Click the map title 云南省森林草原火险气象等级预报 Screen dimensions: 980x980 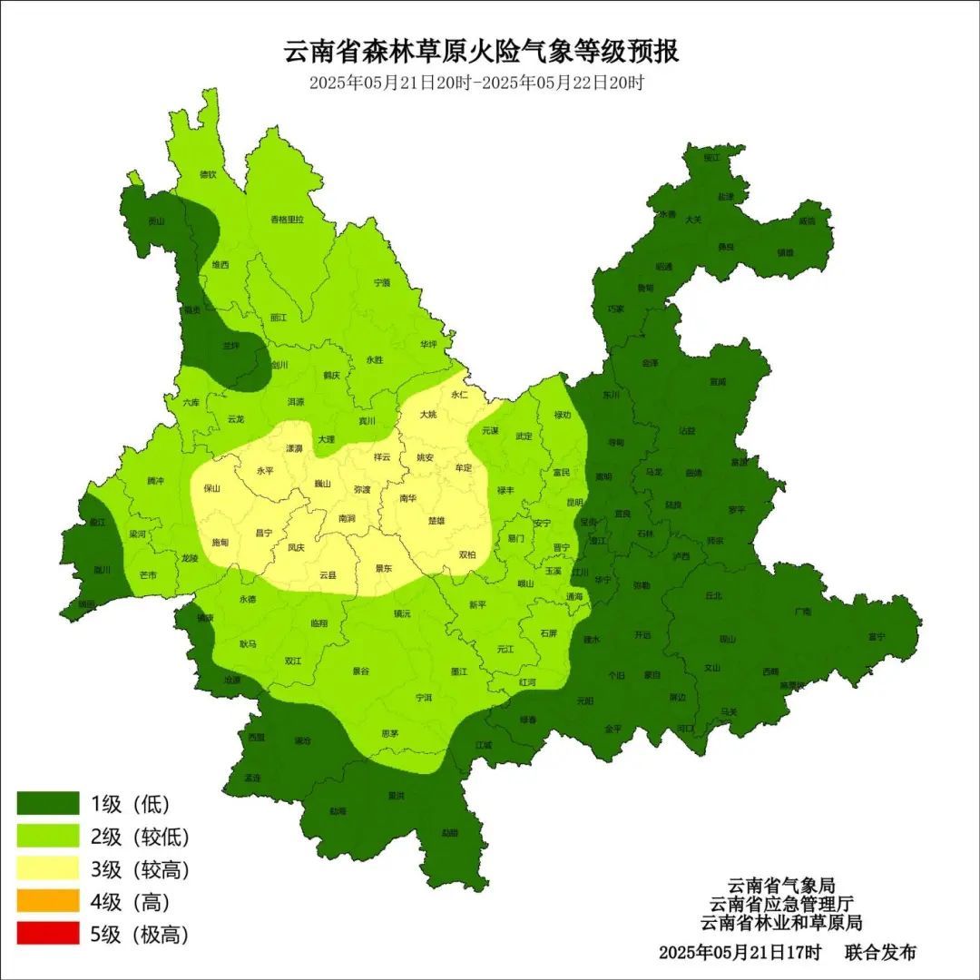482,51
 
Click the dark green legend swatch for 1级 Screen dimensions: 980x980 48,803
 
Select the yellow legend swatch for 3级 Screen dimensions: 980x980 48,868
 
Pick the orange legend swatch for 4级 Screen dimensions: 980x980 48,901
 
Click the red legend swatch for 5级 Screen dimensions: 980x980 48,934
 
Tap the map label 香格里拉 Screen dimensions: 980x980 288,220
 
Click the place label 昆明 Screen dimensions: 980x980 574,502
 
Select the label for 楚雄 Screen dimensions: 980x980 436,521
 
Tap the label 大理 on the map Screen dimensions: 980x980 326,439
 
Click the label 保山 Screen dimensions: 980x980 212,488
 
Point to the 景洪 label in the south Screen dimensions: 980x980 396,796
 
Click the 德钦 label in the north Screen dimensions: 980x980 208,174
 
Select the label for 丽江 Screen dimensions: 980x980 278,318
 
